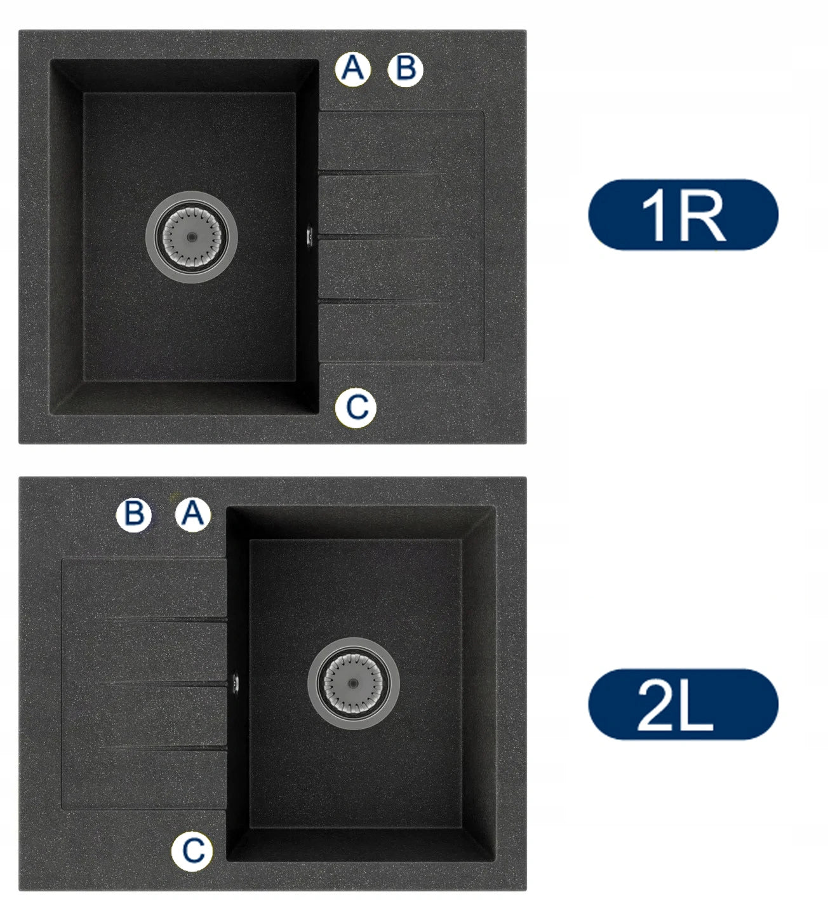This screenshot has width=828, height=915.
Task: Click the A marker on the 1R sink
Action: point(352,69)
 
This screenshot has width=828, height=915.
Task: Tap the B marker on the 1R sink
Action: point(405,69)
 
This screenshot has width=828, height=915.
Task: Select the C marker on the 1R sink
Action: point(356,407)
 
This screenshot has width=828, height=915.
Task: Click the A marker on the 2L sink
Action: point(193,515)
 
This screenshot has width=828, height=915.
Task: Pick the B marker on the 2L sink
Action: point(134,515)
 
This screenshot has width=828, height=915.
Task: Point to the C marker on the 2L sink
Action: point(192,851)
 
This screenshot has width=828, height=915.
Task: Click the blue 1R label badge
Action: point(683,214)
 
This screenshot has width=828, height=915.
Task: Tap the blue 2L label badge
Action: point(683,704)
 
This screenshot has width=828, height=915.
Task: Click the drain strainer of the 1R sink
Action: point(192,237)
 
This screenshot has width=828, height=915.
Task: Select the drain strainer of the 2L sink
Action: point(353,683)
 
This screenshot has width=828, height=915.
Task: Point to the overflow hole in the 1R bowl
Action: point(310,236)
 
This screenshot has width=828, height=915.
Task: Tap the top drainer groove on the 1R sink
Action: point(381,173)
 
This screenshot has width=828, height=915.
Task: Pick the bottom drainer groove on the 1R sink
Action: point(378,301)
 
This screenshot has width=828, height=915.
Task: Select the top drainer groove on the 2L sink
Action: point(166,620)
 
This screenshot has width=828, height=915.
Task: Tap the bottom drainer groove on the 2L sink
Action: point(164,748)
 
